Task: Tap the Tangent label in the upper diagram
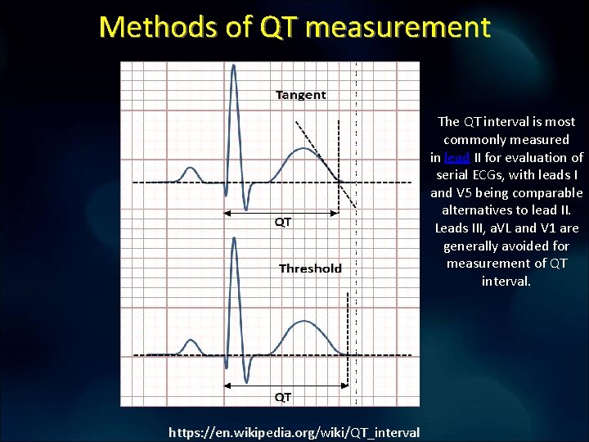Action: pyautogui.click(x=301, y=95)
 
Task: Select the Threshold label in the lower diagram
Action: pyautogui.click(x=310, y=268)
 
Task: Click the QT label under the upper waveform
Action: pyautogui.click(x=282, y=222)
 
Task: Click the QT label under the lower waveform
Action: pyautogui.click(x=282, y=397)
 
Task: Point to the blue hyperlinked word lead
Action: pyautogui.click(x=457, y=157)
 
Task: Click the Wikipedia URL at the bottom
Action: pyautogui.click(x=294, y=432)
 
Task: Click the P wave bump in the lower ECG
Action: pyautogui.click(x=191, y=341)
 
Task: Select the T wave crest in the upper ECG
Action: pyautogui.click(x=303, y=149)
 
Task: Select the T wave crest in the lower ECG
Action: pyautogui.click(x=303, y=322)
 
